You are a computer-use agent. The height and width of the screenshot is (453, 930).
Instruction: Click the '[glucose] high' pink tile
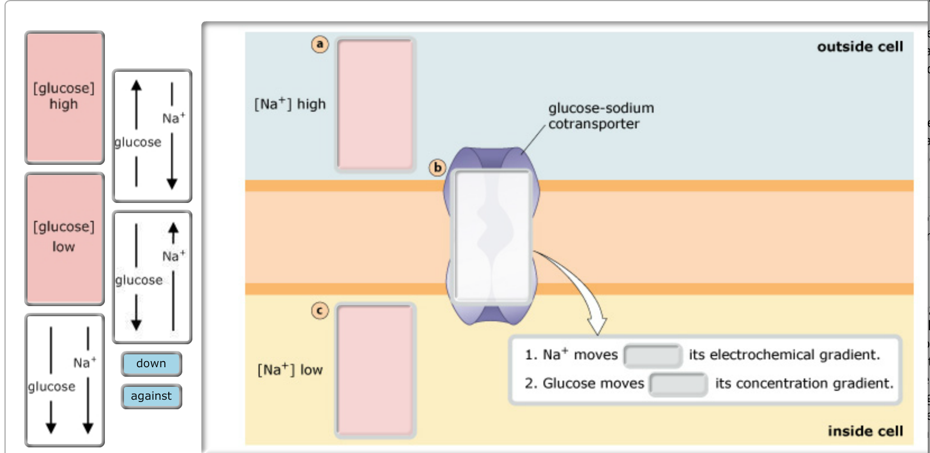click(65, 98)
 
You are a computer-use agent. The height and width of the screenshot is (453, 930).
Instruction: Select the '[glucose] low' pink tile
click(65, 239)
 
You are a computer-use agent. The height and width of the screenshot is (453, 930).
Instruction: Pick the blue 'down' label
click(151, 364)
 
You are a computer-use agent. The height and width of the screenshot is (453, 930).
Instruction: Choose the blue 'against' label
click(151, 396)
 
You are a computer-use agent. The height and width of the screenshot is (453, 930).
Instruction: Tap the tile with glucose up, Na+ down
click(152, 136)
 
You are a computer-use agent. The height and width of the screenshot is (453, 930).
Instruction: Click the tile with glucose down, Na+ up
click(152, 277)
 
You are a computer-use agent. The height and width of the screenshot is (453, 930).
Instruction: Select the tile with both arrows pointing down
click(65, 380)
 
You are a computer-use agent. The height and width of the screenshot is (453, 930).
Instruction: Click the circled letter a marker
click(320, 44)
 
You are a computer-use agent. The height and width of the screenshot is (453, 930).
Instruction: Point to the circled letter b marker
click(437, 167)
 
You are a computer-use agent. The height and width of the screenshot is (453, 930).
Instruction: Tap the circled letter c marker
click(320, 310)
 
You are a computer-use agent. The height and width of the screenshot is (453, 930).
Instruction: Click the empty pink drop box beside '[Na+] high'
click(375, 104)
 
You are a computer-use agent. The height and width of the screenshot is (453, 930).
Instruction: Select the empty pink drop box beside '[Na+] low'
click(375, 370)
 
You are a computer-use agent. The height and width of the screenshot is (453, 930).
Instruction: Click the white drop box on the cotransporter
click(493, 235)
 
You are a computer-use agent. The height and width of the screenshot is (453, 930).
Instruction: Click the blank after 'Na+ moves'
click(653, 355)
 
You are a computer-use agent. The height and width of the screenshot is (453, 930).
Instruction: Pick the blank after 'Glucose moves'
click(678, 384)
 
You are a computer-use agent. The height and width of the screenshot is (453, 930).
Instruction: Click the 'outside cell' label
click(860, 47)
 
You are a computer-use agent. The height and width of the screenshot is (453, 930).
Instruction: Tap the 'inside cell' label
click(865, 431)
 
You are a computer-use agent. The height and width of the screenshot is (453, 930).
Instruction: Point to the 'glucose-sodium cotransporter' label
click(600, 115)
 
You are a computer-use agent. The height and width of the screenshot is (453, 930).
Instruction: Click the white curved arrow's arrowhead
click(597, 325)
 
